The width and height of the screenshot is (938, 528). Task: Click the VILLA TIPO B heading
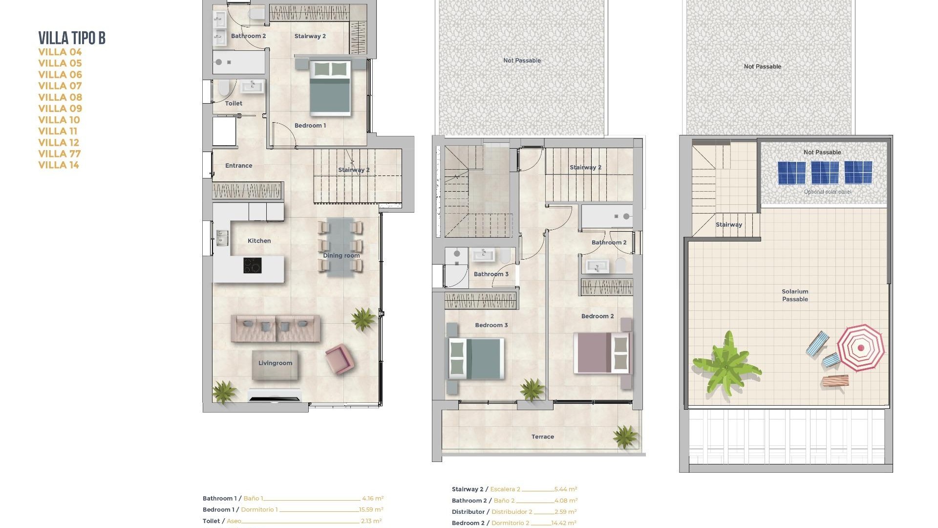click(72, 38)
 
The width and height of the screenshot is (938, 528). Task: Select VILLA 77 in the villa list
click(60, 154)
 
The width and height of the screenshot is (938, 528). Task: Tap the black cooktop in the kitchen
click(253, 265)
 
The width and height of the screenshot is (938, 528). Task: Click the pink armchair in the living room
click(340, 359)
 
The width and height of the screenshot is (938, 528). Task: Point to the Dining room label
click(341, 255)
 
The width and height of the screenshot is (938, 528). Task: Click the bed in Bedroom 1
click(331, 88)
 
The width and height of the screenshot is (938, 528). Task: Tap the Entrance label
click(238, 166)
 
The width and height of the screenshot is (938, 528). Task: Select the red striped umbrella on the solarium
click(860, 348)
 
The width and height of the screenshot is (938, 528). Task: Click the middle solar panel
click(825, 173)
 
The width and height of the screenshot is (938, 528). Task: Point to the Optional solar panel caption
click(827, 192)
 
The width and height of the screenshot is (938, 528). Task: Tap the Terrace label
click(542, 437)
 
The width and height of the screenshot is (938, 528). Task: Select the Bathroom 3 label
click(491, 274)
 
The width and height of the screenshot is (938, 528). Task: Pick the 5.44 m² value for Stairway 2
click(566, 489)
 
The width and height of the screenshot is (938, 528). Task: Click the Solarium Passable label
click(795, 295)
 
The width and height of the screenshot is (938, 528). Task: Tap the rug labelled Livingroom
click(275, 364)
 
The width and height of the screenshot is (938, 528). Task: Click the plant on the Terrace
click(625, 436)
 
